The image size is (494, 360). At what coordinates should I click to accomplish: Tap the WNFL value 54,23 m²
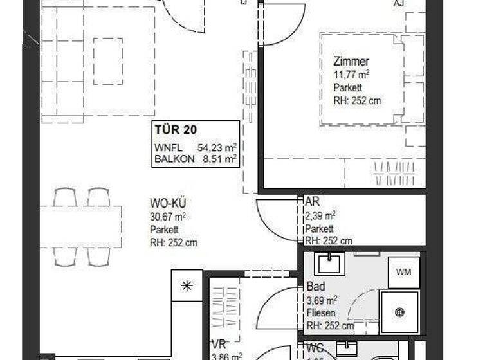point(217,147)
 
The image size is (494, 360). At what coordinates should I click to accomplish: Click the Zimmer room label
point(351,62)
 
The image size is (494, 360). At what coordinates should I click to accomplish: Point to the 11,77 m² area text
point(351,75)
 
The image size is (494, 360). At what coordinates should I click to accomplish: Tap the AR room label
point(312,201)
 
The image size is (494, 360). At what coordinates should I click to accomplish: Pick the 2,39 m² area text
point(319,215)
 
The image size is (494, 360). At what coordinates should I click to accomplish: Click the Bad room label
point(315,287)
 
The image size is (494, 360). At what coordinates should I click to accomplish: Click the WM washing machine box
point(403,272)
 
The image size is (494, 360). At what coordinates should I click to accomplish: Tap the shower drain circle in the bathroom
point(400,312)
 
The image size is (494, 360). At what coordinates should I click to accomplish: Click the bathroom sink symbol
point(329,262)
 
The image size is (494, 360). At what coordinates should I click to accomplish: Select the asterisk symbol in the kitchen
point(187,286)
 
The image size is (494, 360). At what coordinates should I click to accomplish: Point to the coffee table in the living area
point(107,61)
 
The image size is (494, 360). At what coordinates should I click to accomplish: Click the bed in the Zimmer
point(363,78)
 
